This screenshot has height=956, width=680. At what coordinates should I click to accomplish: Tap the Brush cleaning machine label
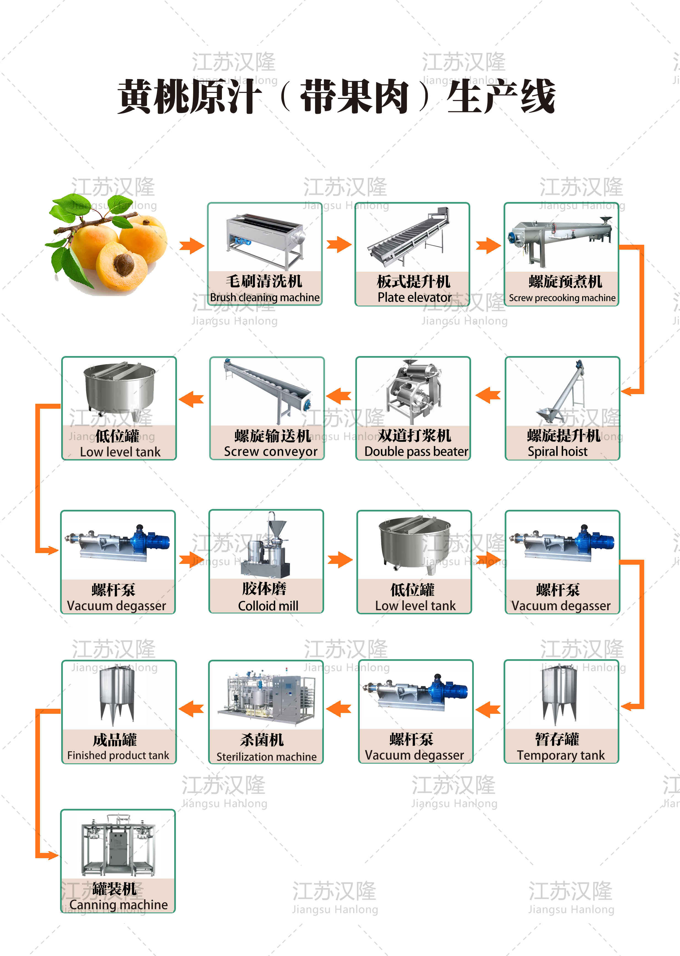tap(265, 297)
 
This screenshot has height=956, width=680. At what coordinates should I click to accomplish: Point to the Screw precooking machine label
tap(562, 298)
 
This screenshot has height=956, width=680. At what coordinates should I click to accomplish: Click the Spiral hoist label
tap(557, 451)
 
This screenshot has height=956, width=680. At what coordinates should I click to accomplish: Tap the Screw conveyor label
tap(270, 451)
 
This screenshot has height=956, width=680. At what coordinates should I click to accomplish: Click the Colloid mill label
tap(268, 606)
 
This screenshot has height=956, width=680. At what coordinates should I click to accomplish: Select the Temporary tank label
tap(560, 755)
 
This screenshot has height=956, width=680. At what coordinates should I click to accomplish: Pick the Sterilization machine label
tap(266, 756)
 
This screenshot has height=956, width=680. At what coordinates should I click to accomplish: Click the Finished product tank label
tap(118, 755)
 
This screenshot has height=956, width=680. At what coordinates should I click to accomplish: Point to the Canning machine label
tap(119, 904)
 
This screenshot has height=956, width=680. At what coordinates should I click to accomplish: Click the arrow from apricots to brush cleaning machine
tap(192, 246)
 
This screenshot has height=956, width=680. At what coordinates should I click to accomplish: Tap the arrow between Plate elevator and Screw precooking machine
tap(488, 246)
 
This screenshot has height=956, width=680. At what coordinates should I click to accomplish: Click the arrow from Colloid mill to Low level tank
tap(340, 560)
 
